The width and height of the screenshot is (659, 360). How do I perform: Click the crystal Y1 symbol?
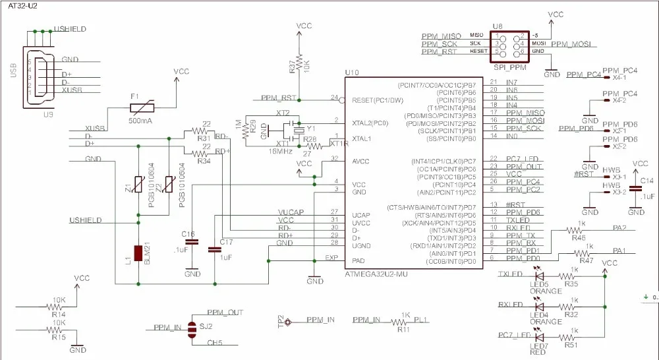[x=299, y=128]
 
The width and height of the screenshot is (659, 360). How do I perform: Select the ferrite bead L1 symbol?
[x=138, y=253]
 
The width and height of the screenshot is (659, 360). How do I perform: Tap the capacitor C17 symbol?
[x=214, y=250]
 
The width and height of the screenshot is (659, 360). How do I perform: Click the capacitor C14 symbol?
[x=636, y=189]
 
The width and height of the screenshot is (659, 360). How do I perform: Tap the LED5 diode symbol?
[x=539, y=277]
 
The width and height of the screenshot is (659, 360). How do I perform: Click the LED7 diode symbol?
[x=539, y=338]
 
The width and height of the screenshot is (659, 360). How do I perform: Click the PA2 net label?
[x=618, y=228]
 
